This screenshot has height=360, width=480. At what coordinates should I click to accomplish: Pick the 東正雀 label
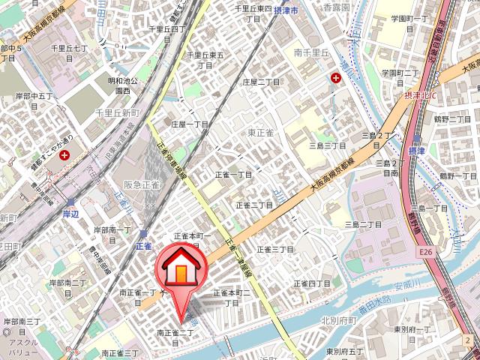point(261,133)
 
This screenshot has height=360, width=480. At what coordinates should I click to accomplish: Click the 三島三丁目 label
point(328,145)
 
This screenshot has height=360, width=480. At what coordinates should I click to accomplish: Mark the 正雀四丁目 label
point(312,283)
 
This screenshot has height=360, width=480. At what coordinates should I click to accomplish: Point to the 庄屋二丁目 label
point(261,81)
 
